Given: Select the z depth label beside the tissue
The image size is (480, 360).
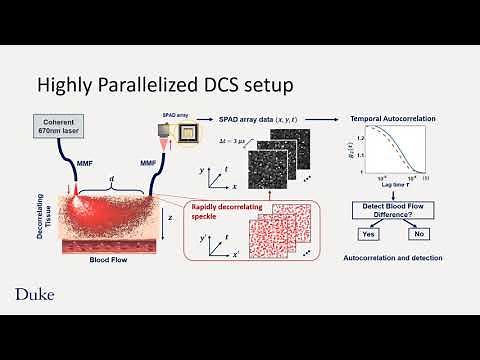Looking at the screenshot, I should [170, 214].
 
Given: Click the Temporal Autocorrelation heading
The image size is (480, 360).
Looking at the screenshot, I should [383, 118].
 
